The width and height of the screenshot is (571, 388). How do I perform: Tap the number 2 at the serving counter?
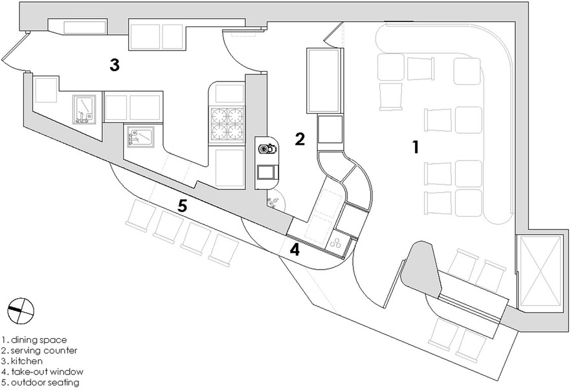[x=299, y=138]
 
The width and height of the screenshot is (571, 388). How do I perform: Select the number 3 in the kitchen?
[x=114, y=65]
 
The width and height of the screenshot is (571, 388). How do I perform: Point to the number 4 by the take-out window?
[x=295, y=250]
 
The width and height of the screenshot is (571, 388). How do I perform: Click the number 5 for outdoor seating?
[x=183, y=207]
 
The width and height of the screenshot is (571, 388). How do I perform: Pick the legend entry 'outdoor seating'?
[x=45, y=383]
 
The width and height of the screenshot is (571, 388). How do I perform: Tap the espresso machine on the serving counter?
[x=267, y=149]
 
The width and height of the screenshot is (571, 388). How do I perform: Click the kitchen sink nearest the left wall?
[x=84, y=109]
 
